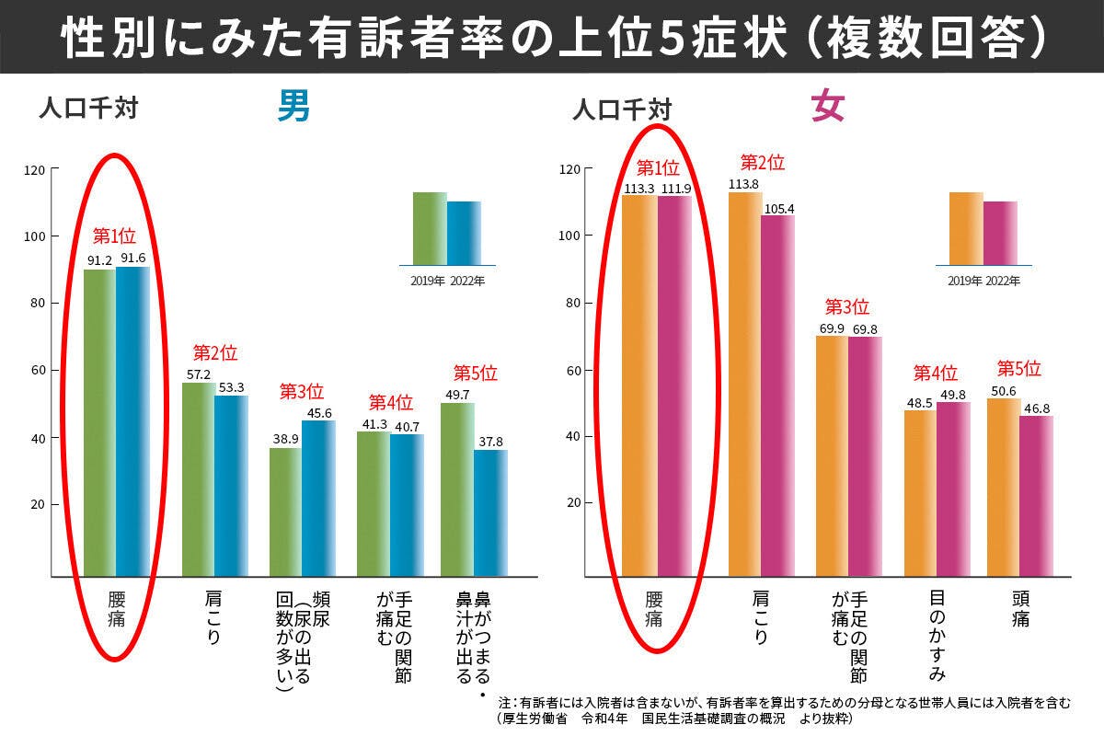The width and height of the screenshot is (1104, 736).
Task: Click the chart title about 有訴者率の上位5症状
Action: (552, 36)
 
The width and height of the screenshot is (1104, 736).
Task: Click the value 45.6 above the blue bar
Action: (318, 413)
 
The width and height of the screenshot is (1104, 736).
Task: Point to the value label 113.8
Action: (746, 184)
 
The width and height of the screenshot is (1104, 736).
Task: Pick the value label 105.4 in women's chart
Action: (778, 208)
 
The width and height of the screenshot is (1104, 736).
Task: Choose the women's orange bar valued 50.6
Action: (1002, 487)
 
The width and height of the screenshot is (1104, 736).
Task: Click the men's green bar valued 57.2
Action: (198, 478)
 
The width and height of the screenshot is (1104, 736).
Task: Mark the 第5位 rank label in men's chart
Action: (475, 374)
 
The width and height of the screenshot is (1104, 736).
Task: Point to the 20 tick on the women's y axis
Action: (572, 503)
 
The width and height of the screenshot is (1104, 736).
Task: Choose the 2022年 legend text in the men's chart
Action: (466, 281)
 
